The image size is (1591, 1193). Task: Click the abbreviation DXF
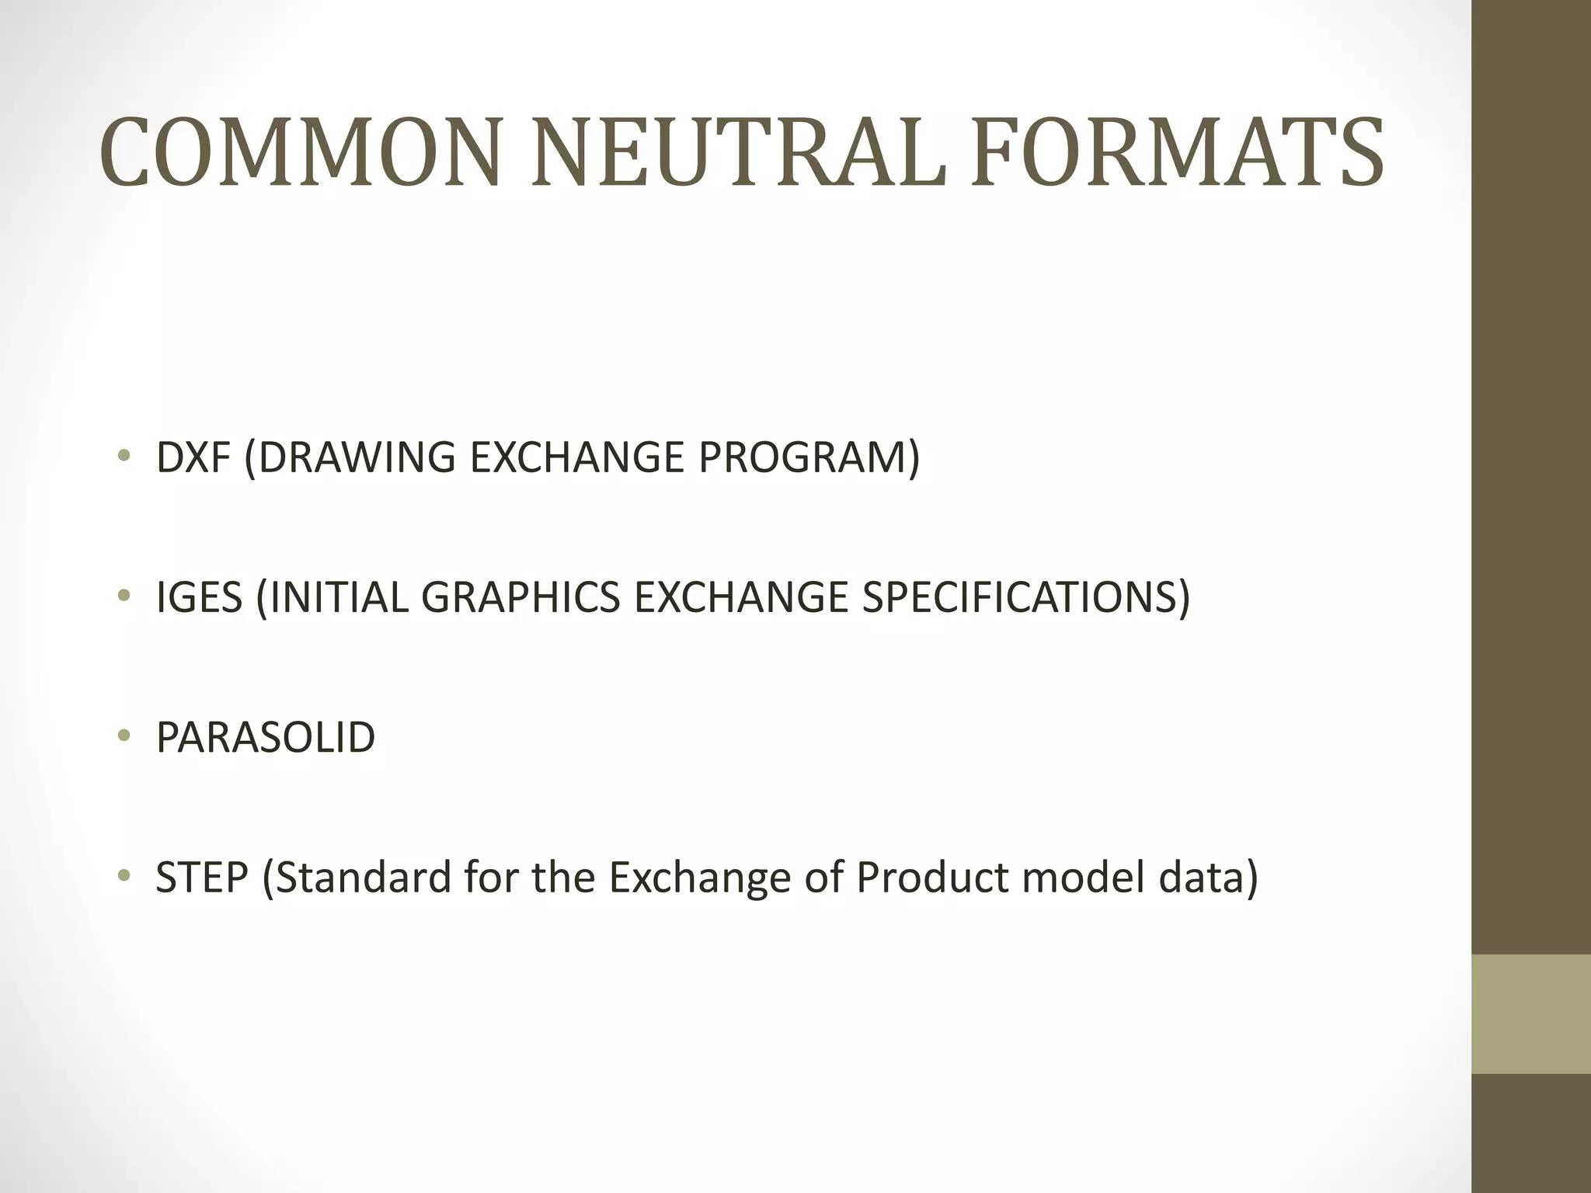[x=193, y=457]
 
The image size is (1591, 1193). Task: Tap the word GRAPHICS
[x=520, y=597]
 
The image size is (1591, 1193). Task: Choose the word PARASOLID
[x=266, y=737]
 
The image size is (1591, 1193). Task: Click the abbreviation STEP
[x=202, y=878]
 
